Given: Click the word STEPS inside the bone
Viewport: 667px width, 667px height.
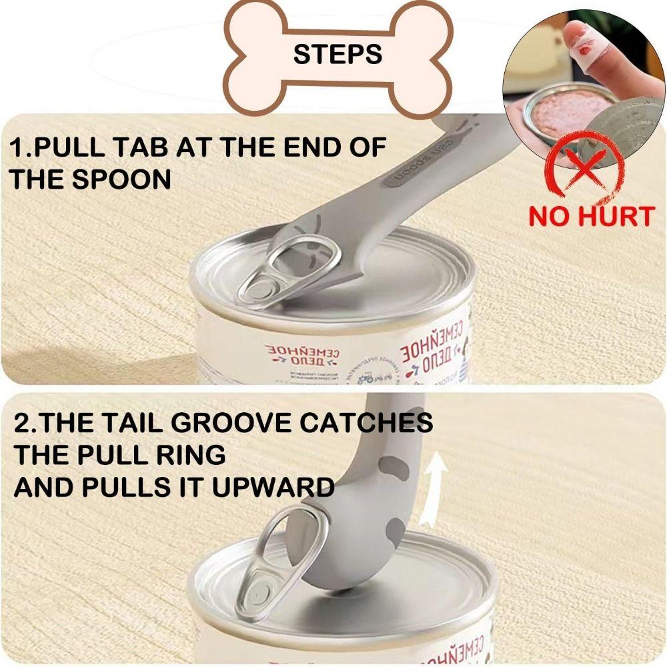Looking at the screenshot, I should pos(338,54).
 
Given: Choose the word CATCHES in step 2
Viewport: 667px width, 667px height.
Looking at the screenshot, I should pos(376,423).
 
